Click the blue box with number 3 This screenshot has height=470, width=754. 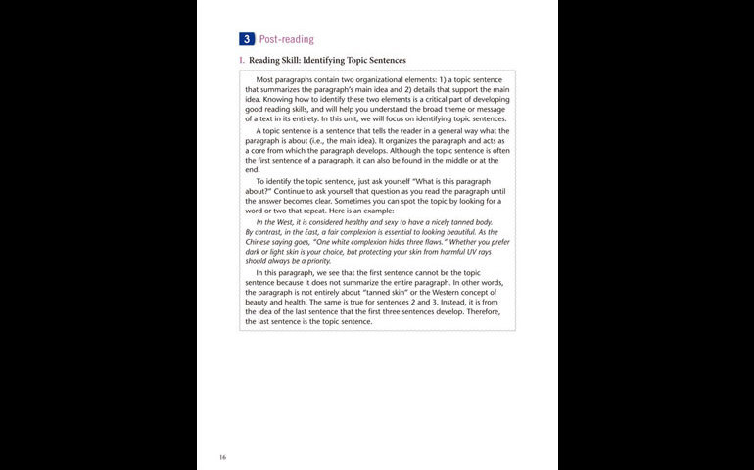(247, 39)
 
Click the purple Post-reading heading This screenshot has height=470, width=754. (286, 39)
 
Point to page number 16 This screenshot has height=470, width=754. (223, 456)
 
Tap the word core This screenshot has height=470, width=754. (259, 151)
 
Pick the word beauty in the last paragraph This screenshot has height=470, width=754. (259, 302)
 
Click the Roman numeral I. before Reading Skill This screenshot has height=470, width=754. (242, 60)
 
